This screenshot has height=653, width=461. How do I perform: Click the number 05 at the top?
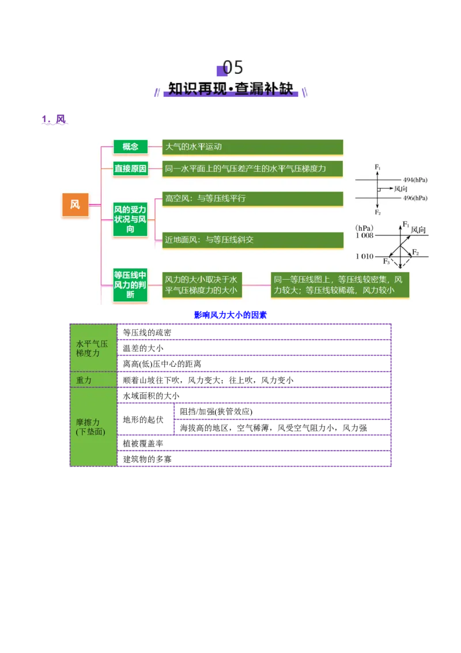point(233,67)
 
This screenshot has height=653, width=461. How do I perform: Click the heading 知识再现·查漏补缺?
point(231,89)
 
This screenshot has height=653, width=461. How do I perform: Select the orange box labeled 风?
point(75,205)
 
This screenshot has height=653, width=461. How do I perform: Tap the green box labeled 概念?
point(130,147)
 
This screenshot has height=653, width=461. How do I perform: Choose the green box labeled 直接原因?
point(130,169)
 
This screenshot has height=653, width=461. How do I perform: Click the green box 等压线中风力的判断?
point(130,285)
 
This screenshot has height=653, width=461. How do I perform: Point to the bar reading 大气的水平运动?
point(252,147)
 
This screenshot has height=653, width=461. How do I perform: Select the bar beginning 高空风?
point(252,198)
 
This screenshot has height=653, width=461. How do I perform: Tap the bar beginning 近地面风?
point(252,239)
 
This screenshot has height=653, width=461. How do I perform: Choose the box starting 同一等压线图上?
point(340,285)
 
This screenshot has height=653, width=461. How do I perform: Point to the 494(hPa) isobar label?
point(415,180)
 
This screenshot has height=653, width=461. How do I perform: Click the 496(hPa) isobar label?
point(415,198)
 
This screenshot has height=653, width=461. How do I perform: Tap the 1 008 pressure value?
point(364,235)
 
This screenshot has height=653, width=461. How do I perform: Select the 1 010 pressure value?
point(364,256)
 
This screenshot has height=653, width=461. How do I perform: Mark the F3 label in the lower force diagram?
point(387,261)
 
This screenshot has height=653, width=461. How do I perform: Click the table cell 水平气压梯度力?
point(93,348)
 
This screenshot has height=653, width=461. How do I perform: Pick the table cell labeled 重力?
point(84,380)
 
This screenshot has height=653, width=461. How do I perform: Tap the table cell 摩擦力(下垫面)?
point(91,427)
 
